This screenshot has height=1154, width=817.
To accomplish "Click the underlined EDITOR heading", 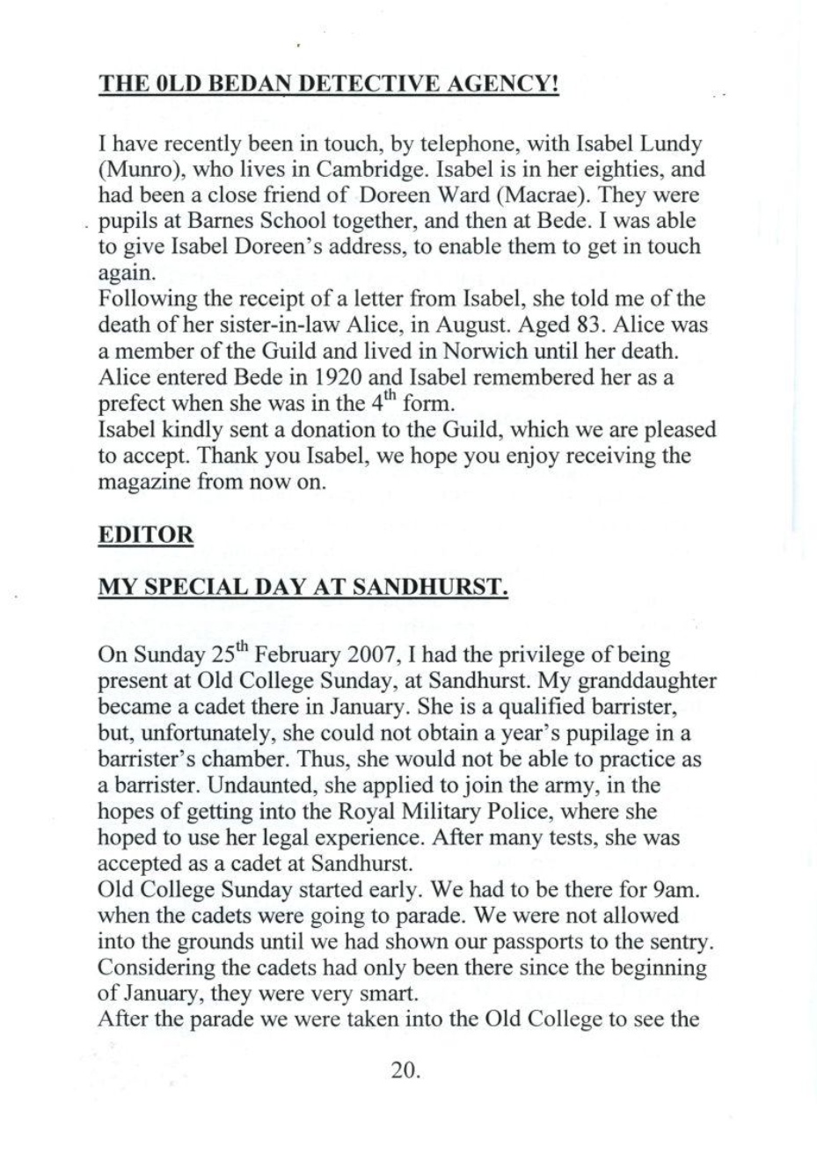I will (x=146, y=537).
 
